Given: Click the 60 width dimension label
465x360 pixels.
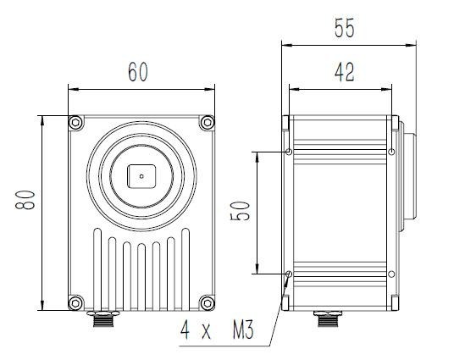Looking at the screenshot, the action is point(138,72).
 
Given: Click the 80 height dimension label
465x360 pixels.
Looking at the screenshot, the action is point(25,200).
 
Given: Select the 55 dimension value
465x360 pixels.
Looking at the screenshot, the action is point(344,28).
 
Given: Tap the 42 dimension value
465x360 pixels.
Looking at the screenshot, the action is point(344,72).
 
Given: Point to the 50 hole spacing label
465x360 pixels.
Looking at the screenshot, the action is point(240,211).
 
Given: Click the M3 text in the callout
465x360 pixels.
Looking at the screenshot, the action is point(243,330).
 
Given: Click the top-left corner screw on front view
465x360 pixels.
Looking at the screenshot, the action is point(76,123).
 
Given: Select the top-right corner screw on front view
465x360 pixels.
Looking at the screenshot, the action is point(207,123).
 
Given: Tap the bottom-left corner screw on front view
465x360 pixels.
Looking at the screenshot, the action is point(76,302).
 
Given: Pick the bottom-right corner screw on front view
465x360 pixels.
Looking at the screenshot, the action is point(207,302).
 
